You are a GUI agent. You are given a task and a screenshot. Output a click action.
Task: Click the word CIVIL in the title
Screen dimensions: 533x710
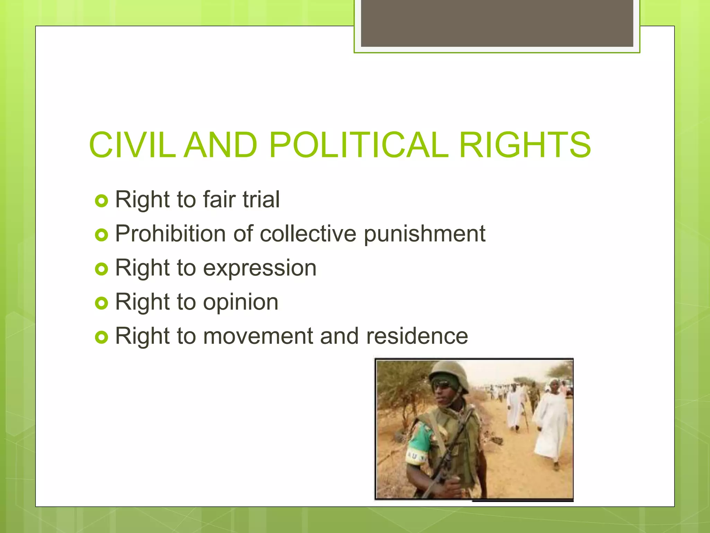tap(132, 145)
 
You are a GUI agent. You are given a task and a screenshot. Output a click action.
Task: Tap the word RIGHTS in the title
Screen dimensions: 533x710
tap(525, 145)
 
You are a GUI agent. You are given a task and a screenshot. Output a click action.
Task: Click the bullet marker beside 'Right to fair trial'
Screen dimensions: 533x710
tap(101, 201)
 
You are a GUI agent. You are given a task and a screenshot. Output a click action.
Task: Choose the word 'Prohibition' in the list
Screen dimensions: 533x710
tap(170, 234)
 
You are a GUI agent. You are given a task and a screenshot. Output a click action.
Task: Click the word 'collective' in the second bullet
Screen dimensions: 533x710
tap(308, 234)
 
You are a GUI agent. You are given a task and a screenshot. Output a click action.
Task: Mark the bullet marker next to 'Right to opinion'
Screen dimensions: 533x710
tap(101, 303)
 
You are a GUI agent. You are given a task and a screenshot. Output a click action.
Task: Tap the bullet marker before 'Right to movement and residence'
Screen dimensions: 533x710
tap(101, 337)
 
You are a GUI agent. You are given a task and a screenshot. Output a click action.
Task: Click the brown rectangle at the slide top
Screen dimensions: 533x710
tap(497, 23)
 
